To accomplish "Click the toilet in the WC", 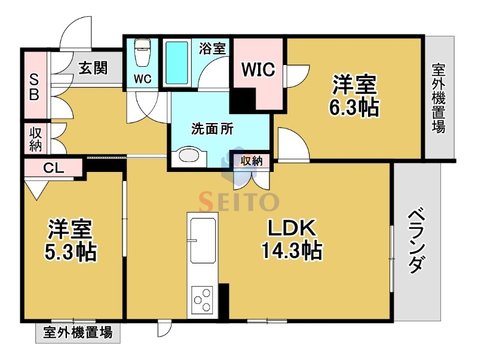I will (142, 54).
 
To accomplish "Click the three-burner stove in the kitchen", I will (201, 299).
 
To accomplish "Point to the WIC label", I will (258, 69).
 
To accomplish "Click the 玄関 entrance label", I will (93, 67).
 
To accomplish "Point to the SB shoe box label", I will (33, 86).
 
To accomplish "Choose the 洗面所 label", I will (212, 128).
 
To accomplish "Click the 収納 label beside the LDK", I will (252, 160).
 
